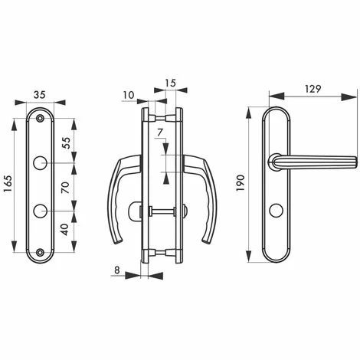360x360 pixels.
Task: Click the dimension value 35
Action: coord(40,95)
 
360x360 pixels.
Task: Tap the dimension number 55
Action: coord(66,143)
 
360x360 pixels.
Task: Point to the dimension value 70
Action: coord(66,188)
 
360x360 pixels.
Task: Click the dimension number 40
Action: coord(65,229)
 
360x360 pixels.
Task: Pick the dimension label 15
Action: coord(171,83)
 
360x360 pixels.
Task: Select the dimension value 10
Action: coord(129,95)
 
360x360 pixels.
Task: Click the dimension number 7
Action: coord(160,133)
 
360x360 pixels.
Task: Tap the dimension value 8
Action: coord(116,270)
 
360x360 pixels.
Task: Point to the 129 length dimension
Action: coord(313,89)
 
